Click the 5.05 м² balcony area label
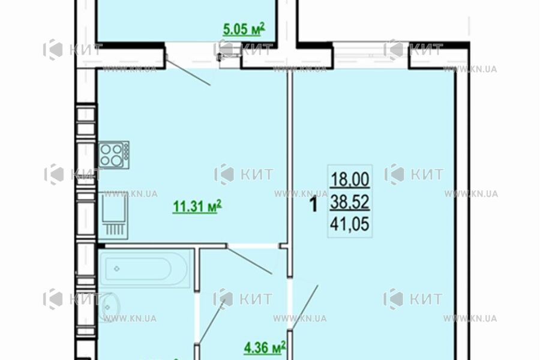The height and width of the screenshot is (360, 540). (x=244, y=29)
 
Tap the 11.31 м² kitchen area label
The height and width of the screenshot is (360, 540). (x=197, y=207)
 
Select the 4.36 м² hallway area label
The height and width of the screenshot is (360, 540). (x=265, y=347)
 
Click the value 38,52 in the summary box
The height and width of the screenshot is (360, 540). (x=350, y=203)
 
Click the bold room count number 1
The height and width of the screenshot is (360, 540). (x=313, y=206)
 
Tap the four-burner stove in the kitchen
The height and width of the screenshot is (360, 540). (x=113, y=154)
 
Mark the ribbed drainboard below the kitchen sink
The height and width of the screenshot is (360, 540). (x=113, y=229)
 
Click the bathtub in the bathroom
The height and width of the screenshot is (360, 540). (x=145, y=268)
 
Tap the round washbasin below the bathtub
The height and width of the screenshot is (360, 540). (x=107, y=306)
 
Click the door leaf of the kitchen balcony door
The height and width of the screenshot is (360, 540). (x=188, y=71)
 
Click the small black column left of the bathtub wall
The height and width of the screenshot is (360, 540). (x=101, y=245)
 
